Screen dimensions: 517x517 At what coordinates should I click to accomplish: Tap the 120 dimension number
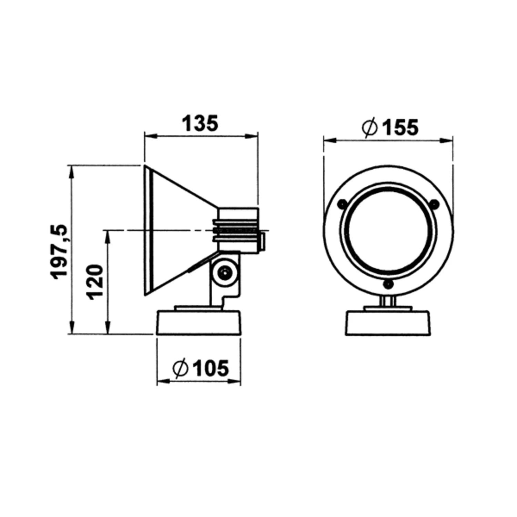[95, 282]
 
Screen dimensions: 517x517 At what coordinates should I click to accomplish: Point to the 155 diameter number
[401, 128]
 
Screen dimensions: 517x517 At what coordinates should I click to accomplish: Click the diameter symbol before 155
[370, 128]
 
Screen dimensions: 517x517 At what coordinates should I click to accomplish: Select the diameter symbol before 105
[180, 368]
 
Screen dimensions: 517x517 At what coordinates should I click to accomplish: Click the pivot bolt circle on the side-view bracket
[224, 273]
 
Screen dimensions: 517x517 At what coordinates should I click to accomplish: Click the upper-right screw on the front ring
[435, 204]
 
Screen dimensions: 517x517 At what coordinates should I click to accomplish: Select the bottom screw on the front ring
[388, 284]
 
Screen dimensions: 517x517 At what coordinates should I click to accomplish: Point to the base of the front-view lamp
[388, 323]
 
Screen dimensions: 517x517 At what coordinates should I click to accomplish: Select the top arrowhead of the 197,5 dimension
[72, 170]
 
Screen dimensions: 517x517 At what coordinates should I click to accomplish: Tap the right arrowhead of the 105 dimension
[237, 382]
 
